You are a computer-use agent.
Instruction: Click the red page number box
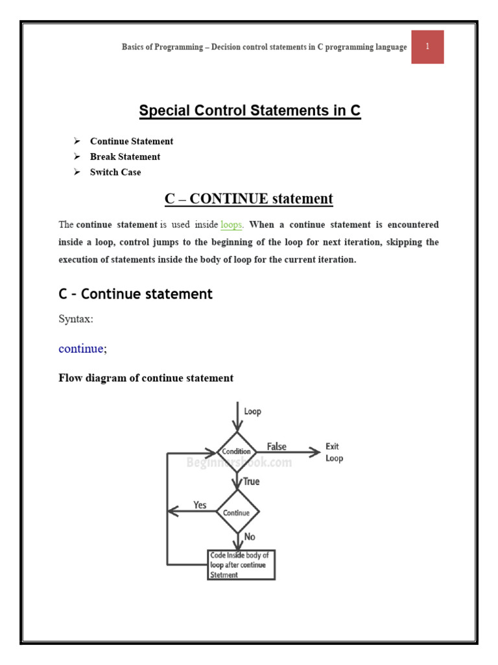427,47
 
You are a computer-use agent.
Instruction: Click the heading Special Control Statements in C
250,111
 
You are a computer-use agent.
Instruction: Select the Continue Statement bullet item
132,141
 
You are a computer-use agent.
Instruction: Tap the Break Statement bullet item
125,157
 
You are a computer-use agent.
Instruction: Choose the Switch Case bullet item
115,172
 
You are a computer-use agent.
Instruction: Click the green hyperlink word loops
231,225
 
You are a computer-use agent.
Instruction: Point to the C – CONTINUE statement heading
248,199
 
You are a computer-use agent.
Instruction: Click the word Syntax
77,320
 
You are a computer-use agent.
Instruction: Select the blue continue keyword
81,349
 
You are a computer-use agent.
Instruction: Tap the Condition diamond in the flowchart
237,452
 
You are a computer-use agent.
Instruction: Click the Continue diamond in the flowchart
237,512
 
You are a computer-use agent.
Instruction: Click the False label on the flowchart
277,447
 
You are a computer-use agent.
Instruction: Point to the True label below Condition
251,481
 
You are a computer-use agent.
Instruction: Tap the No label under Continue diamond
250,537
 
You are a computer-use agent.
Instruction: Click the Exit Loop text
333,452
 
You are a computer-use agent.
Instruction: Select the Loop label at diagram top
252,411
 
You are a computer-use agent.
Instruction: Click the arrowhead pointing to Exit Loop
315,452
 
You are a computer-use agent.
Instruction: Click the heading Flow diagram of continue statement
146,378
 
